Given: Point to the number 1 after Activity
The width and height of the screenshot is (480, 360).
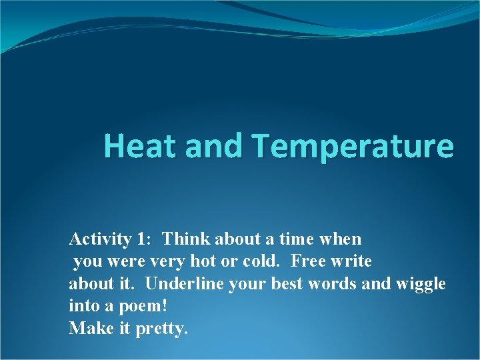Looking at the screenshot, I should tap(143, 239).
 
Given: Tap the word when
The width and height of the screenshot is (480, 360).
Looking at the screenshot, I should tap(344, 239).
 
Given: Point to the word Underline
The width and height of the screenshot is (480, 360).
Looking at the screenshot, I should tap(184, 284).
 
